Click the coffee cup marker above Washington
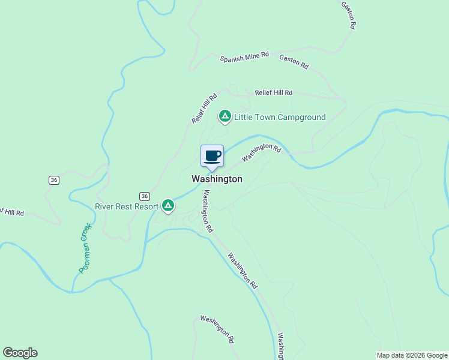(x=212, y=157)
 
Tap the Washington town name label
(x=217, y=179)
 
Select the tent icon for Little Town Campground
(x=224, y=116)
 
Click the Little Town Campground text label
(x=280, y=118)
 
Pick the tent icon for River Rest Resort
(x=169, y=206)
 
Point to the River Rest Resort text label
(x=127, y=206)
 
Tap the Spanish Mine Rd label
(x=244, y=58)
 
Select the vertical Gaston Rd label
(x=349, y=15)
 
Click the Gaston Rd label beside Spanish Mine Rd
(x=294, y=61)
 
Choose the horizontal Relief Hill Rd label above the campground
(x=273, y=93)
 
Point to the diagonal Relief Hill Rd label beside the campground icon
(x=204, y=109)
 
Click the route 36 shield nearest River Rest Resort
(x=144, y=196)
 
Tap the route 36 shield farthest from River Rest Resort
(x=54, y=180)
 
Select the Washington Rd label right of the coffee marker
(x=261, y=152)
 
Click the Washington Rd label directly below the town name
(x=208, y=211)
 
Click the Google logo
(x=20, y=353)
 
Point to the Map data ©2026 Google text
(x=412, y=355)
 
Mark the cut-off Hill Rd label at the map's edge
(x=12, y=212)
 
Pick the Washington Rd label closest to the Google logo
(x=217, y=329)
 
